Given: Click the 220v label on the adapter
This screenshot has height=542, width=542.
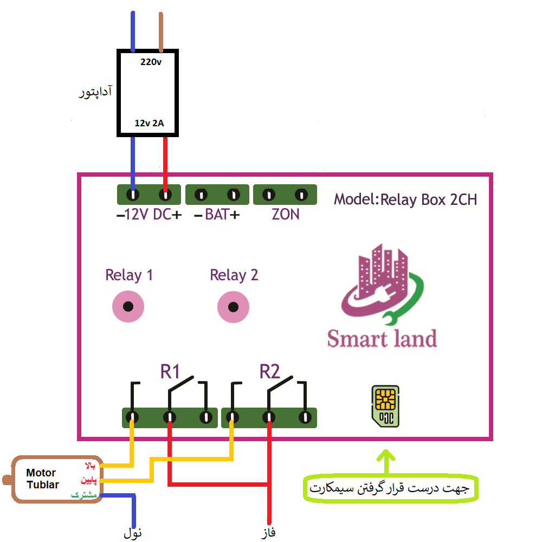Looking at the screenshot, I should click(x=151, y=62).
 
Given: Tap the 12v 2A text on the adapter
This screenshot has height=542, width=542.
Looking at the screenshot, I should click(x=149, y=124).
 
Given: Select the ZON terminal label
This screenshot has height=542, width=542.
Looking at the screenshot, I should click(x=286, y=215).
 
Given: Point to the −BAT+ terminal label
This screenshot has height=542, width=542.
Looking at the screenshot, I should click(x=216, y=215).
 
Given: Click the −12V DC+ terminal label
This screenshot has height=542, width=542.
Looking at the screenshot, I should click(x=149, y=215).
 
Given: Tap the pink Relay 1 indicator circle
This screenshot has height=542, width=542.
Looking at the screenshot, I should click(x=128, y=307).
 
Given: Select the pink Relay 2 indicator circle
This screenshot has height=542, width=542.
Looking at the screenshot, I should click(x=233, y=307).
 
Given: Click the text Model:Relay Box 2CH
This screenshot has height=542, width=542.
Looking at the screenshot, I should click(x=405, y=200).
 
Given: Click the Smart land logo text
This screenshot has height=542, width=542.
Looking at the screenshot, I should click(x=382, y=338).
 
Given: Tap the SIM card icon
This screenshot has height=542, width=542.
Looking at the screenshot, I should click(x=385, y=405).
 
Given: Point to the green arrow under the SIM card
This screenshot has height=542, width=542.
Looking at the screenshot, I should click(x=386, y=462).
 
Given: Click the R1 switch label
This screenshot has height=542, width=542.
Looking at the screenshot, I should click(x=170, y=372).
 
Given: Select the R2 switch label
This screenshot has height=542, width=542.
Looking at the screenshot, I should click(x=269, y=372).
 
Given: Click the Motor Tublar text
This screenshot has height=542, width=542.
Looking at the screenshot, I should click(x=43, y=479).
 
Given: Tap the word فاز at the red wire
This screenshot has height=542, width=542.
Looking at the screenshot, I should click(x=267, y=532).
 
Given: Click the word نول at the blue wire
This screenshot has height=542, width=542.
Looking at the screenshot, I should click(x=133, y=532).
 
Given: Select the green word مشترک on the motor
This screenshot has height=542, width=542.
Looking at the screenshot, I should click(x=84, y=495).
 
